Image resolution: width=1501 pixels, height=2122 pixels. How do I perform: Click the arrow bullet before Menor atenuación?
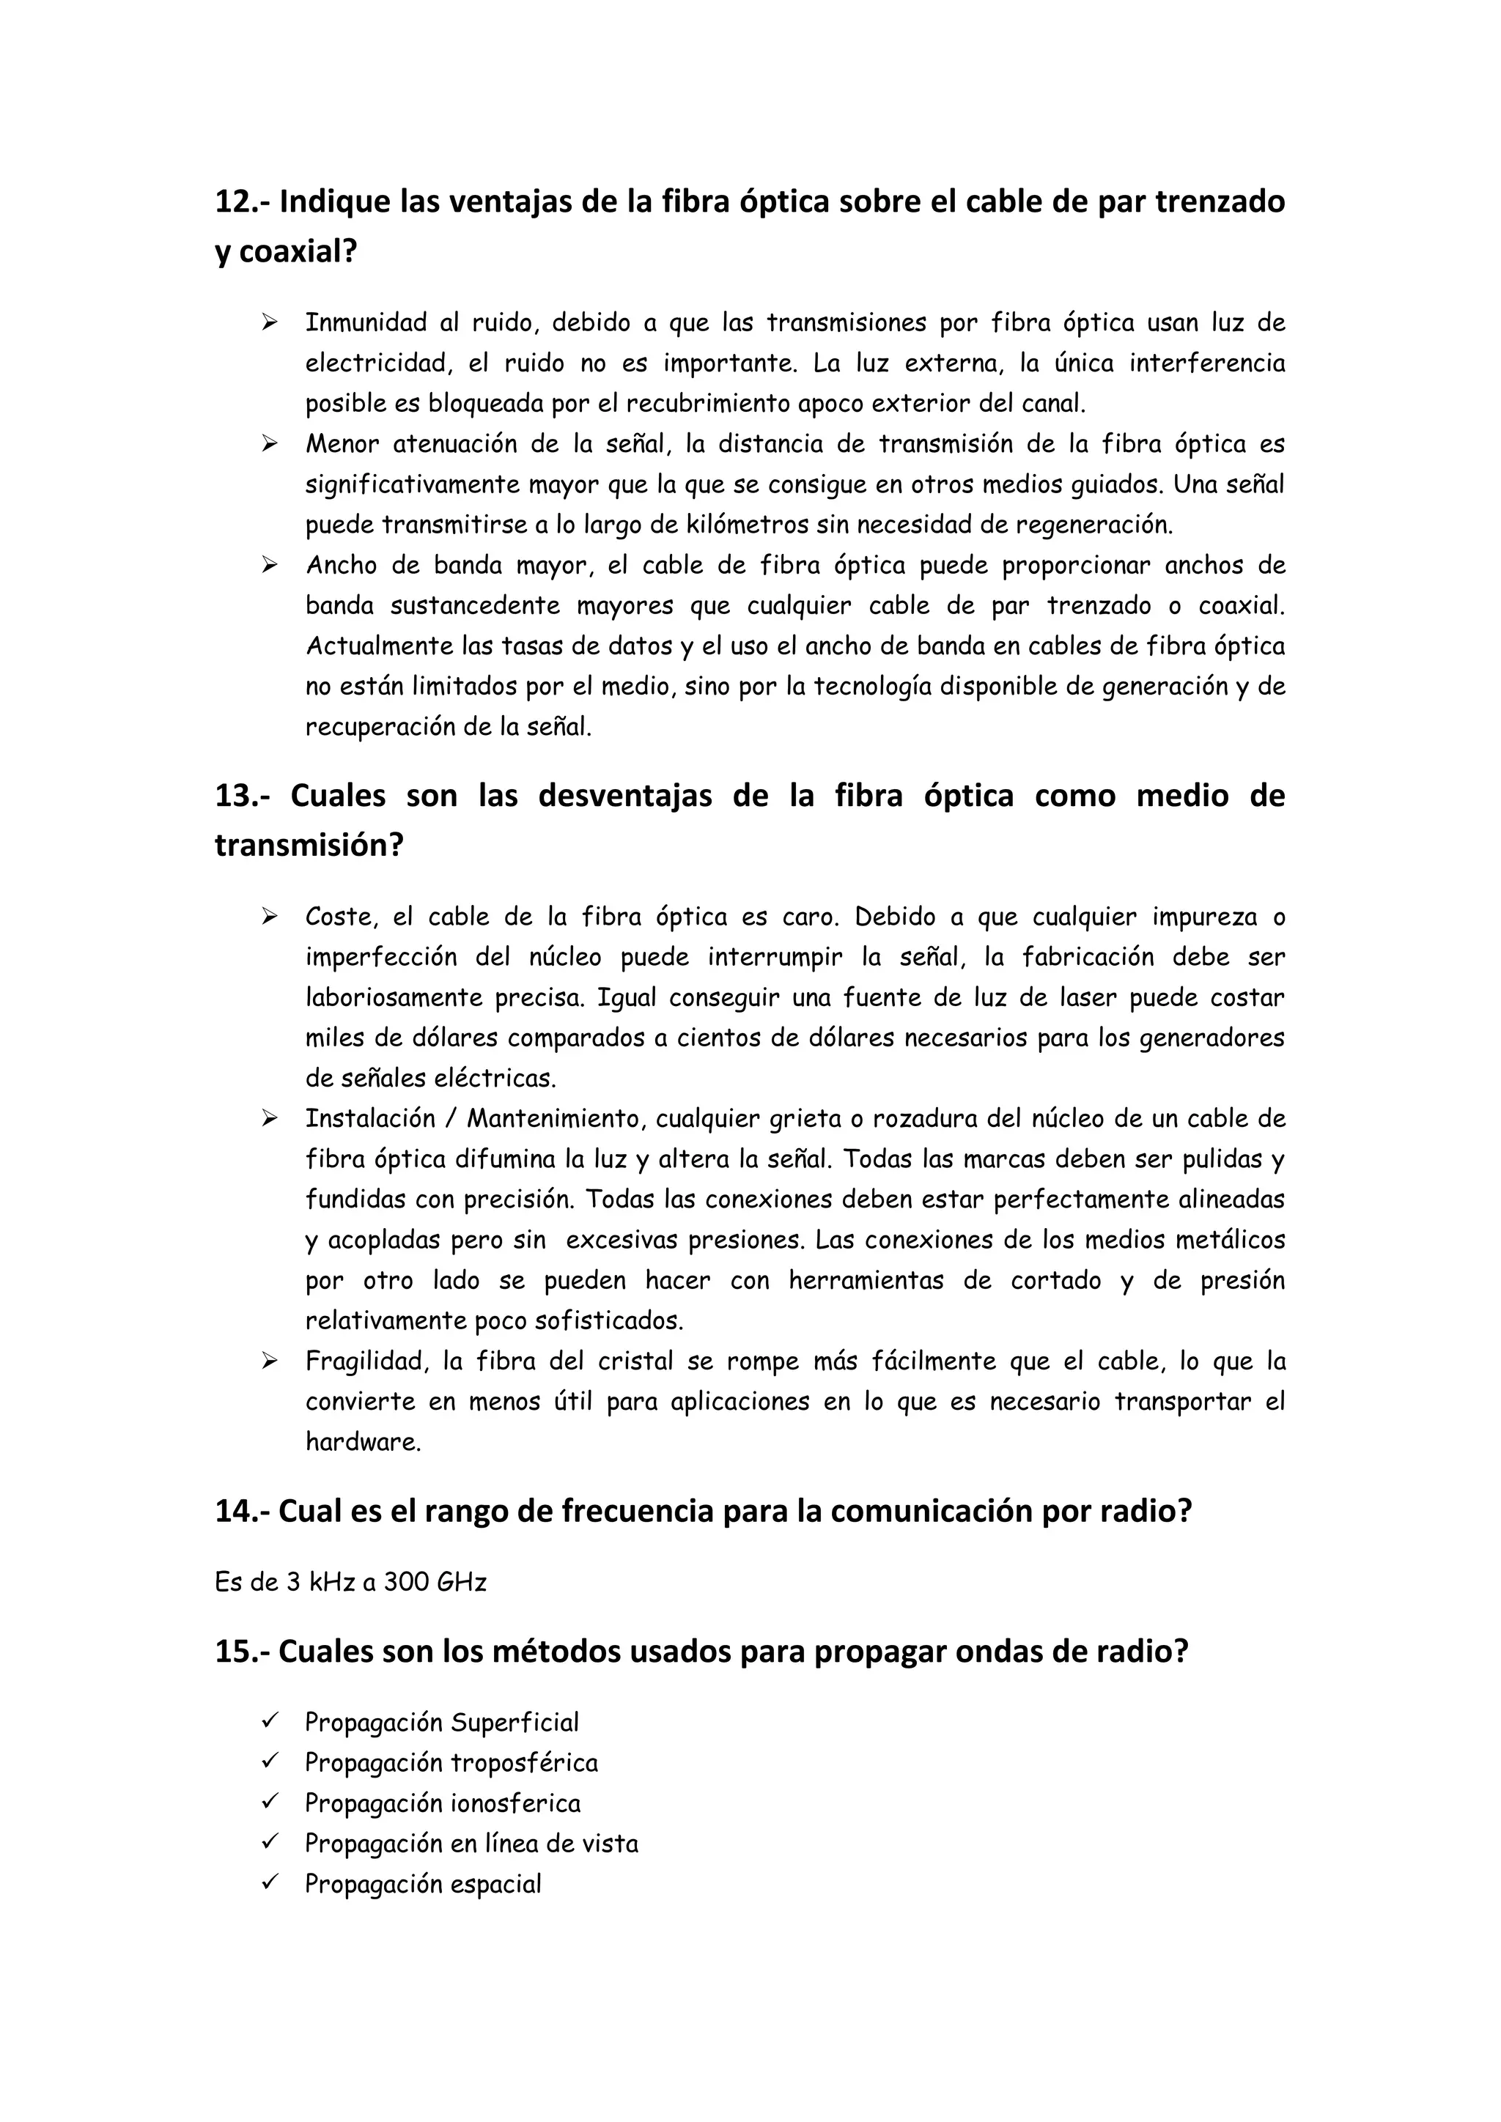coord(269,445)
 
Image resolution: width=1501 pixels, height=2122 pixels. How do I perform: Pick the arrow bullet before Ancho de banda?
coord(269,566)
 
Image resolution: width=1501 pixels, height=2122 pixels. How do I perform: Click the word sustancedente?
coord(475,606)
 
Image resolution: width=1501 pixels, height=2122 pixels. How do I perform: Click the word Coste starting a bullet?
coord(340,917)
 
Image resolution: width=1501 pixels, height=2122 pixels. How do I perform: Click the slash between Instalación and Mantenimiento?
coord(450,1119)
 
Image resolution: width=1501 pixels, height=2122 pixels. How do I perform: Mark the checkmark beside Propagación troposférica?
coord(270,1762)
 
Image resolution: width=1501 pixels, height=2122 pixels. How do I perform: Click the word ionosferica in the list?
coord(515,1803)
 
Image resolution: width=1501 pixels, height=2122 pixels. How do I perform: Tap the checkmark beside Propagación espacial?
coord(270,1884)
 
